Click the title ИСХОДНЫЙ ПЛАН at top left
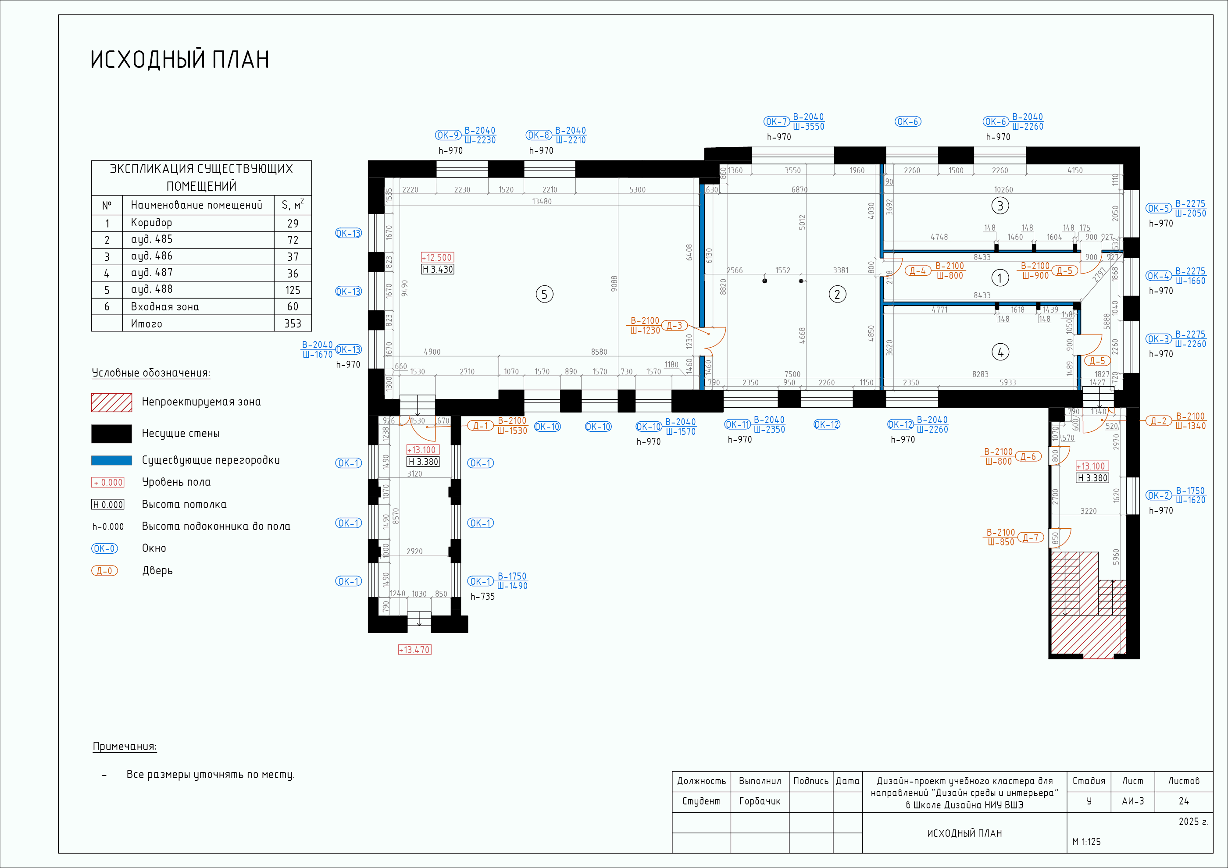[180, 59]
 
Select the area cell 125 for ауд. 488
[293, 290]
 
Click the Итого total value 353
[293, 324]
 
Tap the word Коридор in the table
[151, 223]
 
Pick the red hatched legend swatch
[111, 402]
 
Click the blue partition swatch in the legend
[111, 460]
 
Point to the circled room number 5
[544, 294]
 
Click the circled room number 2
[838, 294]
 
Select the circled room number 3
[1000, 206]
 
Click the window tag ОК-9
[448, 135]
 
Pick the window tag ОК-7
[777, 122]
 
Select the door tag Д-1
[480, 426]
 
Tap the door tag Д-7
[1030, 537]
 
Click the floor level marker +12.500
[437, 257]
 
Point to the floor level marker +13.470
[414, 650]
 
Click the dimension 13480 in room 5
[542, 202]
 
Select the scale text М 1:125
[1086, 842]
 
